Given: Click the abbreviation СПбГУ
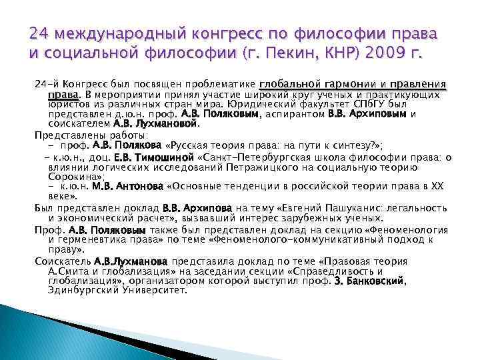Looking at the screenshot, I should (372, 105).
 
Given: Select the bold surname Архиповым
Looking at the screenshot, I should (381, 114).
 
